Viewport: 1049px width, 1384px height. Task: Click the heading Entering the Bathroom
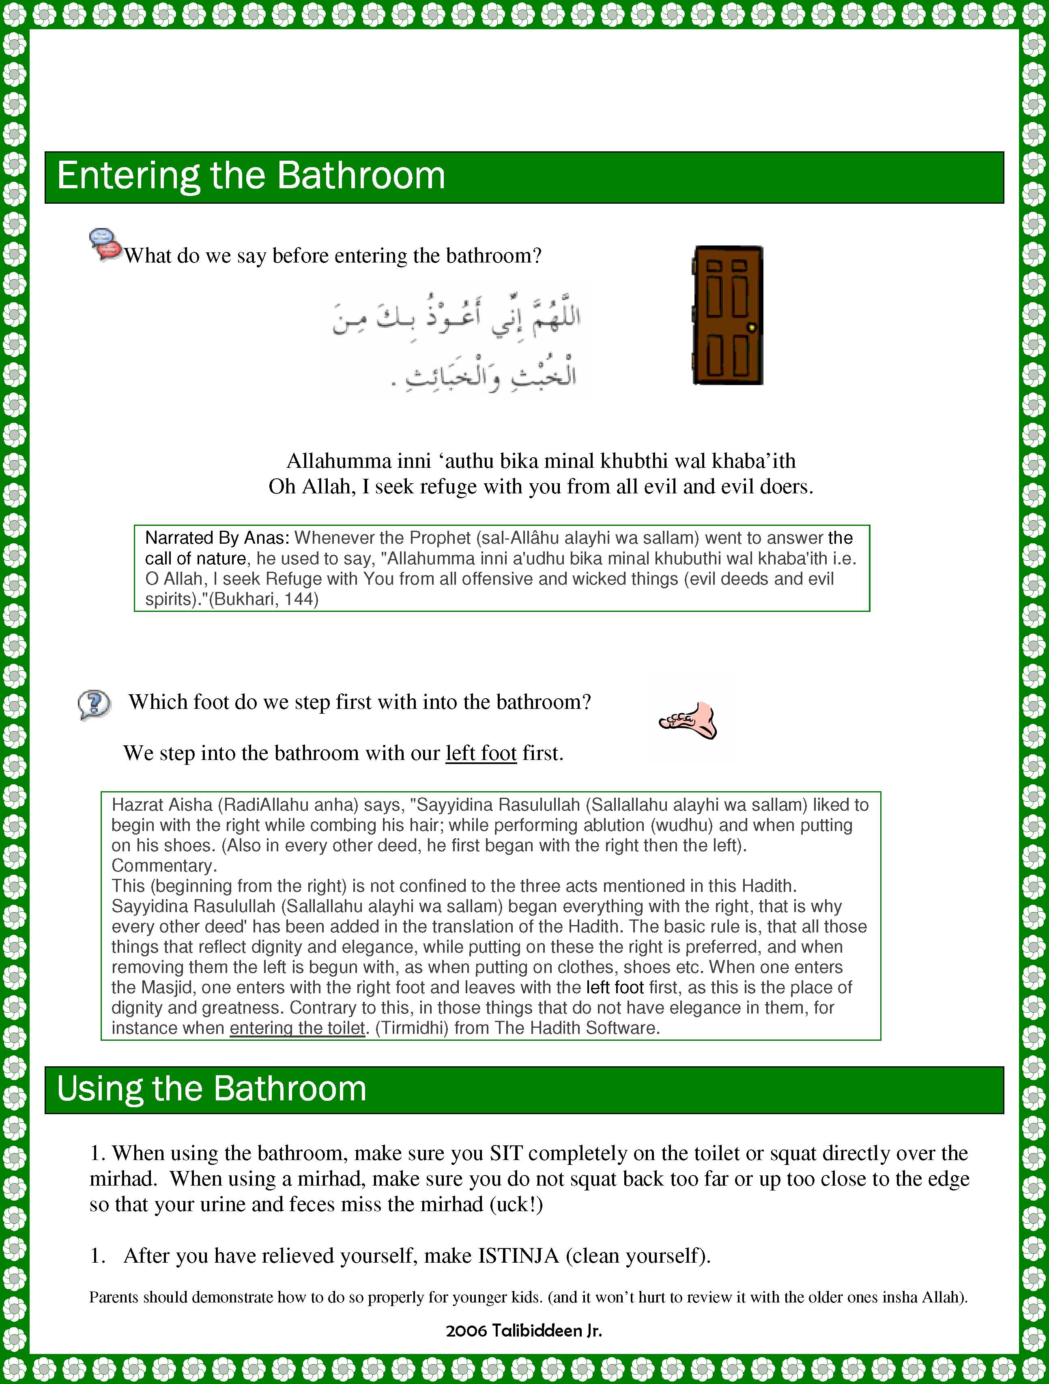251,176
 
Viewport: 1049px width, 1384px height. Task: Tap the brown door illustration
727,315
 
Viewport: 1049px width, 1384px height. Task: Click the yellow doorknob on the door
752,327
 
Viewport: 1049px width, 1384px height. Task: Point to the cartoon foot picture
688,721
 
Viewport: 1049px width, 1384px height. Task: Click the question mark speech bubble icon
94,704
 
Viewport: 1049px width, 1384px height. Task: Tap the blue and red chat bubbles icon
105,244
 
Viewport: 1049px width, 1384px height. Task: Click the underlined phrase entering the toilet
297,1028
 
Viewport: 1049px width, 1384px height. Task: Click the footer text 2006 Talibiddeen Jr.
524,1331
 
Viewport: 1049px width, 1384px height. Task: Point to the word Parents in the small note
114,1297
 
